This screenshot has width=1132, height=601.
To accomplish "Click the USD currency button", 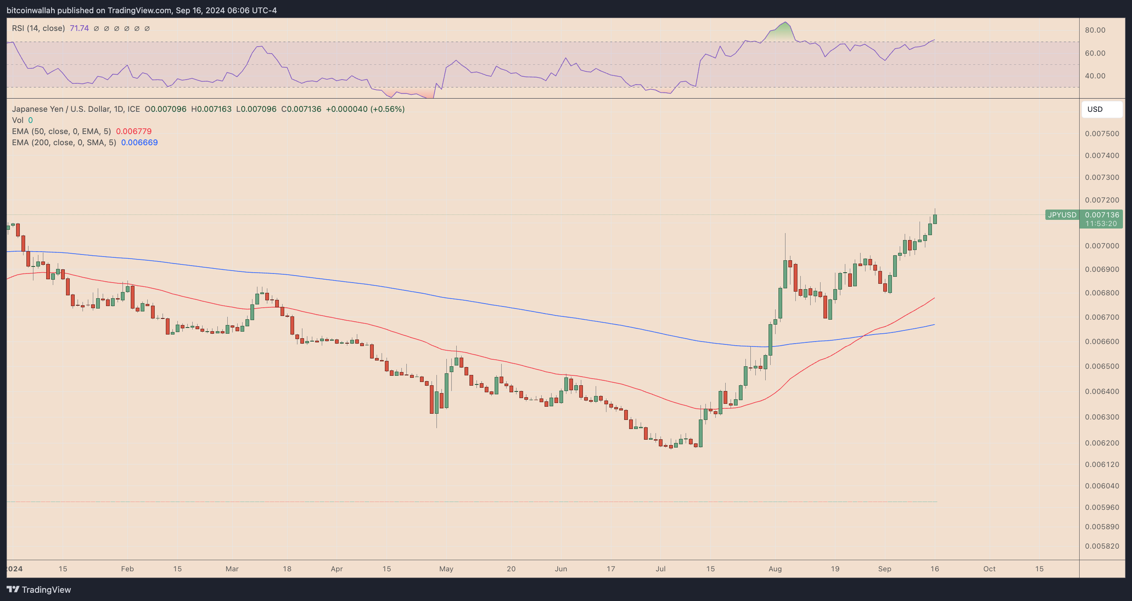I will (x=1101, y=109).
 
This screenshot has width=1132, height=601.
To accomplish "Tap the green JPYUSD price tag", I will (x=1062, y=215).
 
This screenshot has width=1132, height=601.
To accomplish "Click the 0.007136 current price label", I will (x=1101, y=215).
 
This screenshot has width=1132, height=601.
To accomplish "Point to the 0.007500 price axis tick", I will (x=1101, y=134).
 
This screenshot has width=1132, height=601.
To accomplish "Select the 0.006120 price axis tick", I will (x=1101, y=464).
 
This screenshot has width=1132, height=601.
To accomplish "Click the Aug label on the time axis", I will (x=775, y=569).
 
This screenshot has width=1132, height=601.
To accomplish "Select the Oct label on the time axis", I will (x=989, y=569).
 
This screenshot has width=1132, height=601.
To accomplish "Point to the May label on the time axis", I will (x=446, y=569).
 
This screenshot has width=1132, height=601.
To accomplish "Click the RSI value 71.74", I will (x=79, y=28).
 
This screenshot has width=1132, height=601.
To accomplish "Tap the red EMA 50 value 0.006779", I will (x=134, y=131).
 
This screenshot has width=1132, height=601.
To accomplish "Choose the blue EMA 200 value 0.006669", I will (x=139, y=142).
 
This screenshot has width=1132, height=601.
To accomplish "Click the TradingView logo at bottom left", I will (x=39, y=589).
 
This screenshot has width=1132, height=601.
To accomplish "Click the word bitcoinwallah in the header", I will (x=31, y=10).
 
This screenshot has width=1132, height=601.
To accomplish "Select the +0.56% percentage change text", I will (x=387, y=109).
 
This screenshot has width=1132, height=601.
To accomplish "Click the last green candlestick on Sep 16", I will (x=935, y=219).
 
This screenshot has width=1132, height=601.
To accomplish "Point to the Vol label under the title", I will (x=18, y=120).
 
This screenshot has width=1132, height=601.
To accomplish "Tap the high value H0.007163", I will (x=211, y=109).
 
